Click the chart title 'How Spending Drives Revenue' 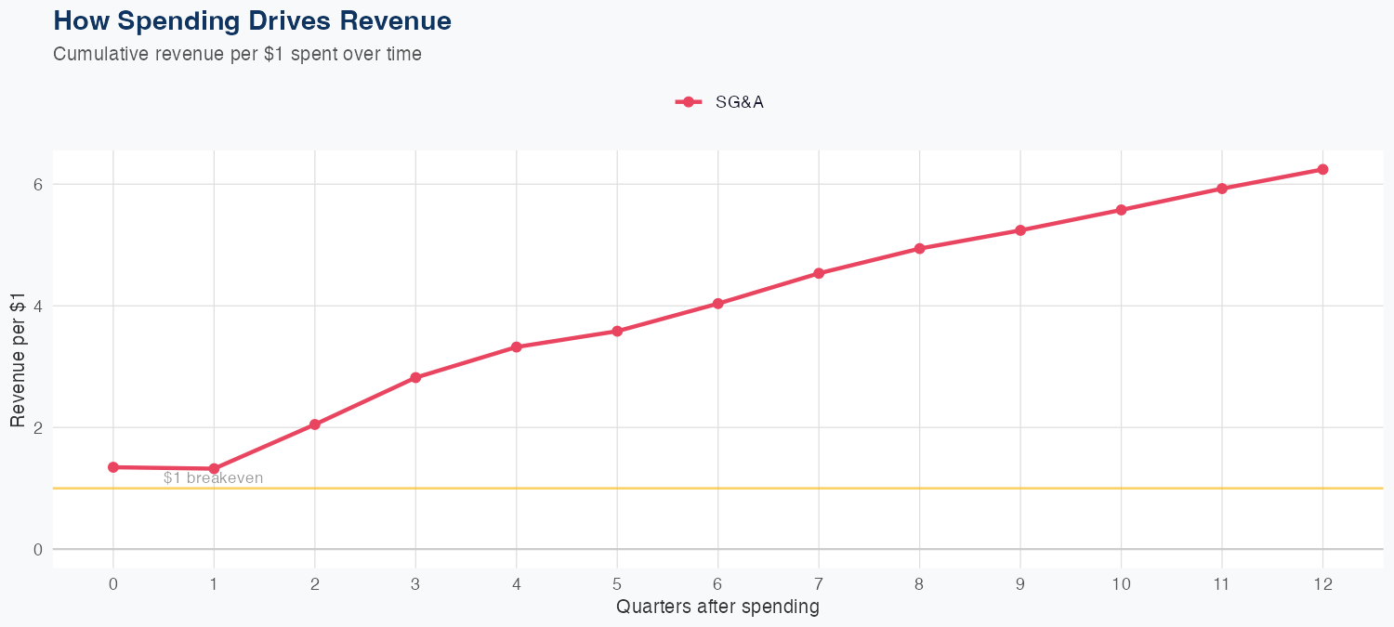click(252, 20)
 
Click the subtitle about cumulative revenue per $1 click(237, 54)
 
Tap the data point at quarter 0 click(113, 467)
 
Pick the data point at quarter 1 click(214, 469)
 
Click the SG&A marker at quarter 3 click(415, 377)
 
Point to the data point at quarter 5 click(617, 331)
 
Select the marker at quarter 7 click(819, 273)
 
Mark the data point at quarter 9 click(1020, 230)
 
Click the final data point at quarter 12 click(1322, 169)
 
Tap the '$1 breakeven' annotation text click(213, 478)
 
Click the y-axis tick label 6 click(38, 184)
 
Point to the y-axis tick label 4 click(38, 306)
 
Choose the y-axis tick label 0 click(38, 549)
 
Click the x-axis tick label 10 click(1121, 584)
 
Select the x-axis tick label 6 click(717, 584)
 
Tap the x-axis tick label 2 click(315, 584)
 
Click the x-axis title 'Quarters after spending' click(717, 607)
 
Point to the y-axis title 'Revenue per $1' click(17, 367)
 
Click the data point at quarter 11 click(1222, 189)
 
